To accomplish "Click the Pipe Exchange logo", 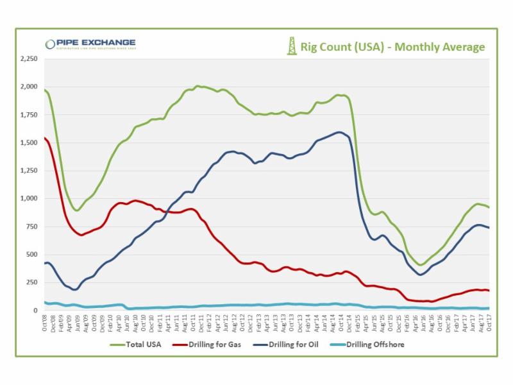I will (90, 44).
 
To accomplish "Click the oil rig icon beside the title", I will (292, 46).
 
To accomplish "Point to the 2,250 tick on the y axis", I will (29, 59).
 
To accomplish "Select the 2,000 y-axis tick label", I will (29, 87).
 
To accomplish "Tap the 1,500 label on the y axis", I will (29, 142).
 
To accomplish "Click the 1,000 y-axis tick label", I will (29, 198).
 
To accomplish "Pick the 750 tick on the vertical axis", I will (32, 227).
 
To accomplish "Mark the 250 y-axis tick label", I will (32, 282).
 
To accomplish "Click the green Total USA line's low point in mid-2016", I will (421, 264).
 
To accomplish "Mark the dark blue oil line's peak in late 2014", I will (339, 132).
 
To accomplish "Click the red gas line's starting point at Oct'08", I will (44, 137).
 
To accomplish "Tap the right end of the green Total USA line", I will (489, 207).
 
